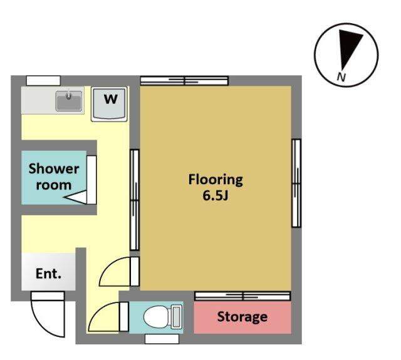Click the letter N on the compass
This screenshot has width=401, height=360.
341,76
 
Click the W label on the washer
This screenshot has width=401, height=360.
111,99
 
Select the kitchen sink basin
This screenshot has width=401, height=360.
69,100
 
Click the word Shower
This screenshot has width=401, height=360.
54,168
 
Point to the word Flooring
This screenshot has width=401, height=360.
216,180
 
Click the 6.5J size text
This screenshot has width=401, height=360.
216,196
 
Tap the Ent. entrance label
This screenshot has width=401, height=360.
48,274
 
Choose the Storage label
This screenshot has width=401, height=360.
242,317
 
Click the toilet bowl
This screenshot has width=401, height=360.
157,317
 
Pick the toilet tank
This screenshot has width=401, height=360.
177,317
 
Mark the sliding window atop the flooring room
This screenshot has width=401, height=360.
184,81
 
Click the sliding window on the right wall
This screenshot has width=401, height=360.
296,183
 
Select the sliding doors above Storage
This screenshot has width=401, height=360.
242,296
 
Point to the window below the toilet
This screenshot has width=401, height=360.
162,339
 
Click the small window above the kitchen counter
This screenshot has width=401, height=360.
43,81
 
